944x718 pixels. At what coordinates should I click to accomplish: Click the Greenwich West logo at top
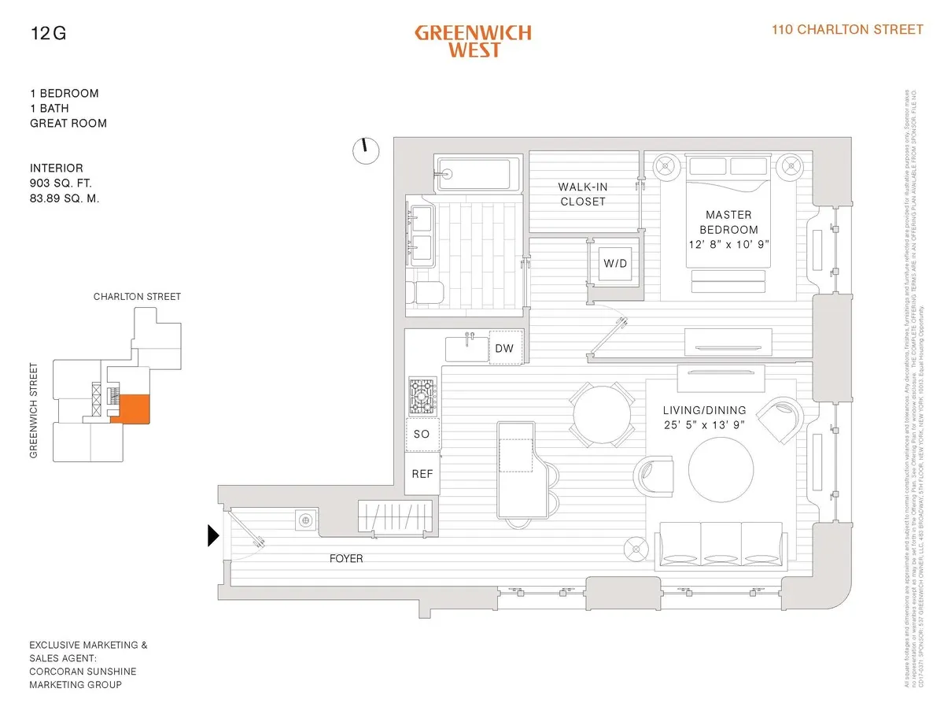[x=473, y=42]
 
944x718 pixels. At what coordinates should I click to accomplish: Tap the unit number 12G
[x=48, y=33]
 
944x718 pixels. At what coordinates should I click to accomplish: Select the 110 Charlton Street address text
[x=847, y=30]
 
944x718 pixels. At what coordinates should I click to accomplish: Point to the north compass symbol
[x=366, y=150]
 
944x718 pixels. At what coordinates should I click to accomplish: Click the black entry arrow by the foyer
[x=212, y=536]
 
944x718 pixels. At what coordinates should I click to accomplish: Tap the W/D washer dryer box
[x=615, y=263]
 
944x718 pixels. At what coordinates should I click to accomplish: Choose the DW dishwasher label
[x=505, y=348]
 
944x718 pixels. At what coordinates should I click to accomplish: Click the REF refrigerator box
[x=422, y=475]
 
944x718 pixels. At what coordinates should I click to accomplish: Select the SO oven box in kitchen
[x=422, y=434]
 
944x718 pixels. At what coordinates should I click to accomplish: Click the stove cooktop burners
[x=422, y=395]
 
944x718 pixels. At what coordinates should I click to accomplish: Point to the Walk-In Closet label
[x=583, y=194]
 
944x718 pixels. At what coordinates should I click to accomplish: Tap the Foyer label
[x=346, y=559]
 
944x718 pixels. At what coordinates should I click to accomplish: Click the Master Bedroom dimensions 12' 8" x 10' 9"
[x=728, y=244]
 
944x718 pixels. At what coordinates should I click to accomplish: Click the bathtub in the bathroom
[x=478, y=173]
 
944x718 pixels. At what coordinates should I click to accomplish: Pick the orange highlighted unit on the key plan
[x=125, y=407]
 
